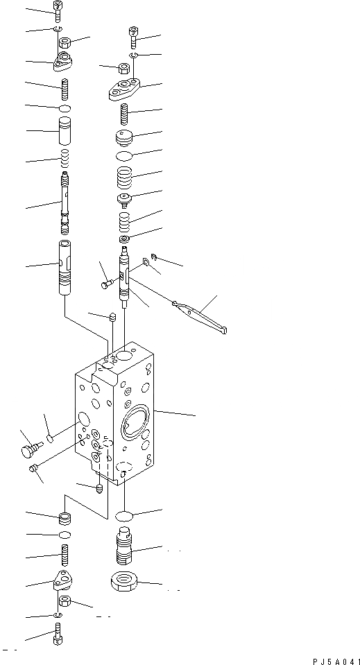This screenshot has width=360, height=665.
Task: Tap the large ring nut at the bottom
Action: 126,582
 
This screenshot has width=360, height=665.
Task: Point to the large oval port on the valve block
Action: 133,424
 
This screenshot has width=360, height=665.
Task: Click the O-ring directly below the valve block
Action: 125,516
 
